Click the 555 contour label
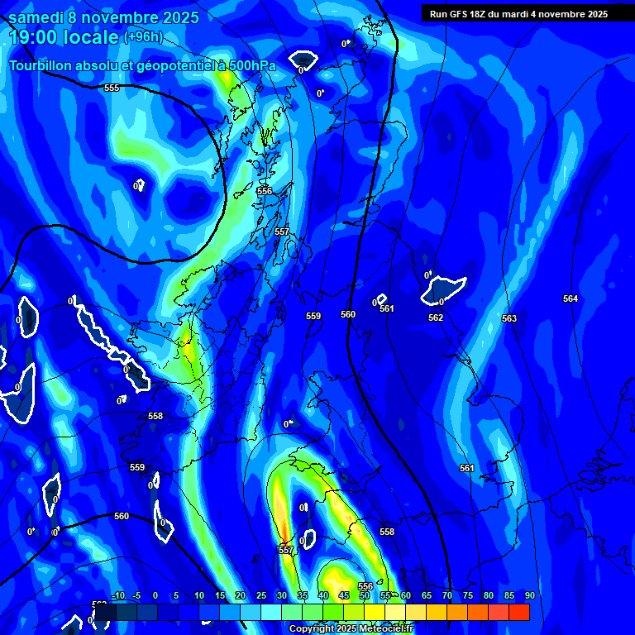click(x=112, y=88)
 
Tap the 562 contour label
click(x=436, y=317)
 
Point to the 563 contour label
click(x=509, y=318)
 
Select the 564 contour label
click(x=571, y=298)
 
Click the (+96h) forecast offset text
click(x=143, y=37)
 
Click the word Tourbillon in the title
click(x=41, y=65)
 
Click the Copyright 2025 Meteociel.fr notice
click(x=351, y=629)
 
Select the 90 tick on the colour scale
click(x=529, y=595)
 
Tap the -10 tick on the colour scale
click(x=117, y=595)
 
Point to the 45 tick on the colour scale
click(x=344, y=595)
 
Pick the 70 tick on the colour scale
click(x=446, y=595)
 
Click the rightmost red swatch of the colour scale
click(x=518, y=612)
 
